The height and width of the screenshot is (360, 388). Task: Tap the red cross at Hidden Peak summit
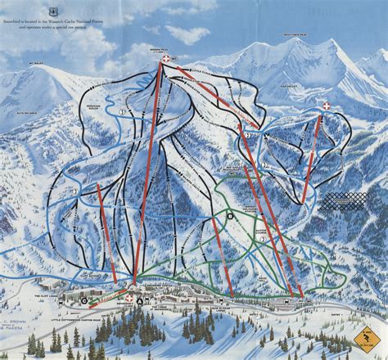(x=167, y=61)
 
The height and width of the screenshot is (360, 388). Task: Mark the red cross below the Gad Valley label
(x=327, y=106)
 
